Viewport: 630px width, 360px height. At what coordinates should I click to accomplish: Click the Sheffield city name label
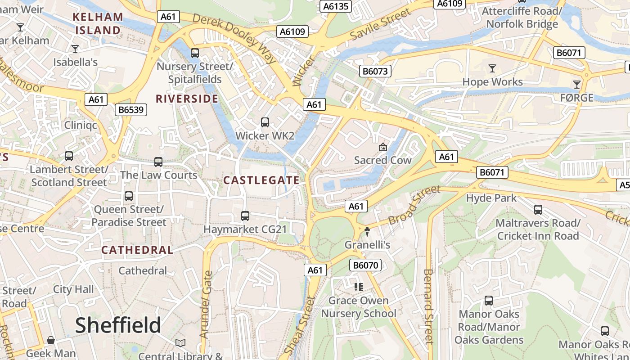[x=118, y=325]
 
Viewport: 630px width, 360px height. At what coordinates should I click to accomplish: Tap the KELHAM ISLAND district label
[x=98, y=24]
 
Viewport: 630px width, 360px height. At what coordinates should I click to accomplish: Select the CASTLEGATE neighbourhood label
[x=261, y=180]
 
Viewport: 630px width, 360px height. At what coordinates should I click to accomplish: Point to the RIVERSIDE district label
[x=187, y=99]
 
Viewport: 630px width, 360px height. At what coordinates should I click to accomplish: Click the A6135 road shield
[x=336, y=6]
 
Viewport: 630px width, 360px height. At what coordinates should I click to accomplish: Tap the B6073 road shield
[x=375, y=71]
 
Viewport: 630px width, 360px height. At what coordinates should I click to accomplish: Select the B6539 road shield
[x=131, y=110]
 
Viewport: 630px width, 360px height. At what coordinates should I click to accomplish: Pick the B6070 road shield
[x=366, y=265]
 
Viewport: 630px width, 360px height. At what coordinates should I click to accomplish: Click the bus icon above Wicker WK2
[x=265, y=122]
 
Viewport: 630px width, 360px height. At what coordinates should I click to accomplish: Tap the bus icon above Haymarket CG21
[x=245, y=216]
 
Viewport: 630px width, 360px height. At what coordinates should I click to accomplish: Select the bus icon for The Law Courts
[x=158, y=162]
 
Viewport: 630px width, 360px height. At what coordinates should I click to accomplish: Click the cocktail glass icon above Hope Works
[x=492, y=68]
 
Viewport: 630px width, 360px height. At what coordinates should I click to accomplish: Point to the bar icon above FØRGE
[x=576, y=84]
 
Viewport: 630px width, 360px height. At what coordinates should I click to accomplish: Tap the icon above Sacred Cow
[x=383, y=147]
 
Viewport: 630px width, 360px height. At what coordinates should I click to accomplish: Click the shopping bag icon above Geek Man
[x=51, y=340]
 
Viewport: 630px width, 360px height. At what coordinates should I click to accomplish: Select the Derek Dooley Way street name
[x=234, y=38]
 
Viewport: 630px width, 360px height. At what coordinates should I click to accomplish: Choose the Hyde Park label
[x=491, y=198]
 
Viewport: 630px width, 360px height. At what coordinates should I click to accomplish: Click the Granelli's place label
[x=367, y=245]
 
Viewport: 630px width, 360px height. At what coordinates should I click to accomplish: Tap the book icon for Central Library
[x=180, y=343]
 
